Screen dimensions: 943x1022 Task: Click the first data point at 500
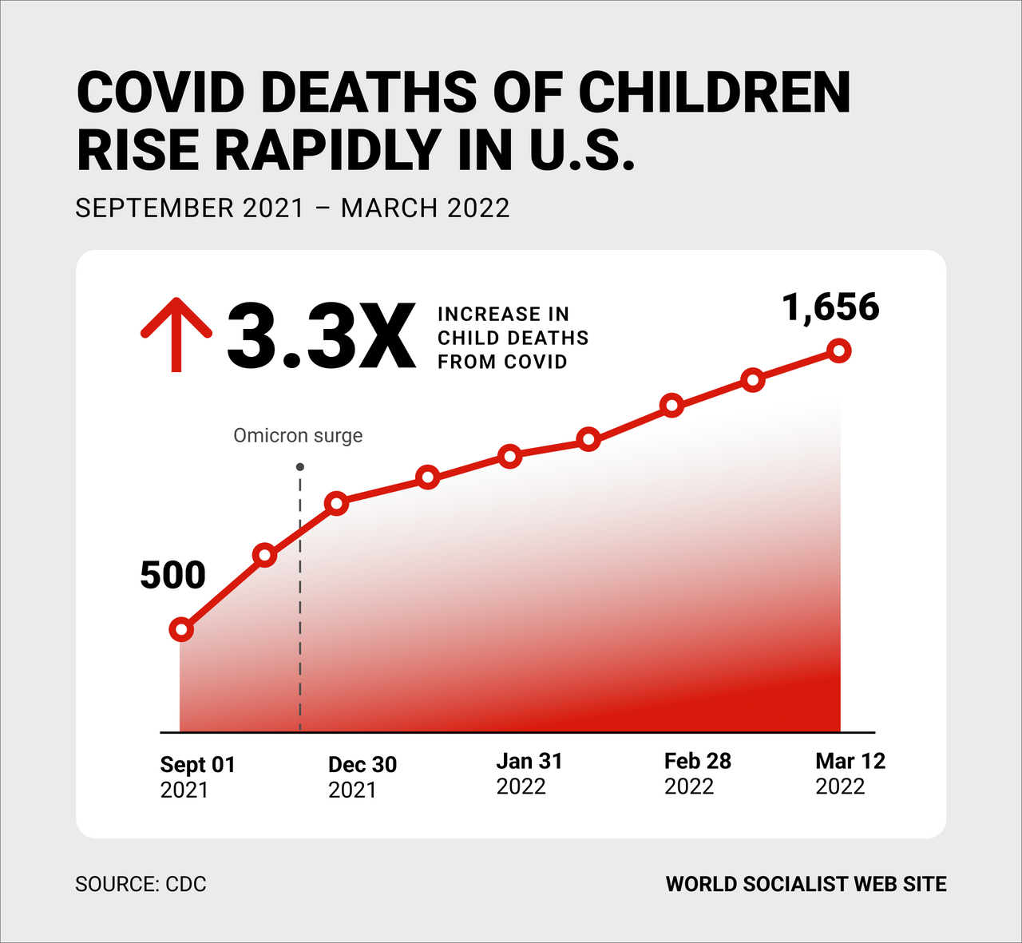(x=182, y=630)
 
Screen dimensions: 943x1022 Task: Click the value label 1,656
(x=830, y=307)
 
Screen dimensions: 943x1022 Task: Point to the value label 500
(x=172, y=576)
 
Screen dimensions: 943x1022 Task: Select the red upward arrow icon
(x=176, y=335)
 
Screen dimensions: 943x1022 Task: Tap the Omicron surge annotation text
(x=298, y=435)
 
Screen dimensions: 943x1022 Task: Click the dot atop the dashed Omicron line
(x=299, y=467)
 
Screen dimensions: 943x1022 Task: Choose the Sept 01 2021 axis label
(x=198, y=776)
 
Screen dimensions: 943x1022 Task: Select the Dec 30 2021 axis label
(x=362, y=776)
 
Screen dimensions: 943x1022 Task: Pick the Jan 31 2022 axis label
(x=529, y=774)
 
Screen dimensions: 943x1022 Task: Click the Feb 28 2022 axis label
(x=697, y=774)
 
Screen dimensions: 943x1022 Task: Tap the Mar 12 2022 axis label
(x=850, y=774)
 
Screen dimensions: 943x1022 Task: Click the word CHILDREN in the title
(x=715, y=93)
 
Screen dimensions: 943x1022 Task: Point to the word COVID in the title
(x=160, y=93)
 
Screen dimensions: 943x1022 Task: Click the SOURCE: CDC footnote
(x=141, y=885)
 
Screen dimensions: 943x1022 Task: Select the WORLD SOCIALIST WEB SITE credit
(x=806, y=885)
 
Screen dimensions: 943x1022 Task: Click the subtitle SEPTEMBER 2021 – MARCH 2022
(x=292, y=208)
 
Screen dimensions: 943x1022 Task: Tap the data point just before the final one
(x=753, y=380)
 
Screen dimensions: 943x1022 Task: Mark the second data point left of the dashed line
(x=264, y=556)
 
